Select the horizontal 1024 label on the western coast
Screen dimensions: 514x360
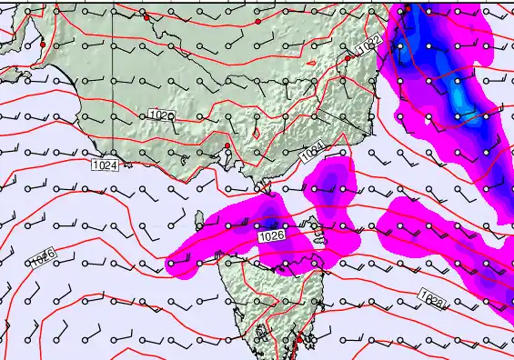pyautogui.click(x=105, y=165)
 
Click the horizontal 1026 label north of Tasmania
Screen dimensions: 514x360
pyautogui.click(x=272, y=236)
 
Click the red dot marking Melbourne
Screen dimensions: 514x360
pyautogui.click(x=227, y=146)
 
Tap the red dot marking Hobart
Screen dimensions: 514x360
pyautogui.click(x=297, y=339)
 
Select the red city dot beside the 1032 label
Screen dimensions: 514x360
pyautogui.click(x=348, y=57)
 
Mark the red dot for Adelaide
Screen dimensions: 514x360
pyautogui.click(x=43, y=45)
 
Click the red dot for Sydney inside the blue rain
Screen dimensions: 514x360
pyautogui.click(x=408, y=8)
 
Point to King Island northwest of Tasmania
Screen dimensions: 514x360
pyautogui.click(x=199, y=219)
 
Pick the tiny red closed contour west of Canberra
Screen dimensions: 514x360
pyautogui.click(x=311, y=63)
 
